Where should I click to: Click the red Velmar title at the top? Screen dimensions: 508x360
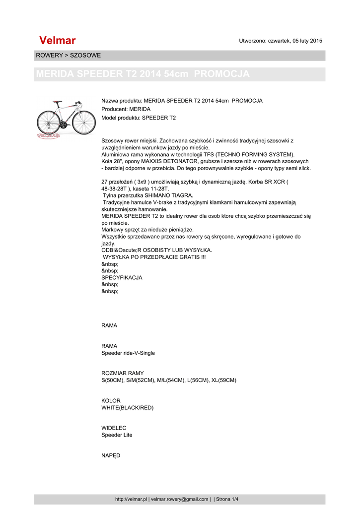pyautogui.click(x=57, y=40)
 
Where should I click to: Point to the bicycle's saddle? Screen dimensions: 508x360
pyautogui.click(x=58, y=103)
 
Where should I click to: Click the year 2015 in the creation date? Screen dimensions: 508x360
pyautogui.click(x=316, y=41)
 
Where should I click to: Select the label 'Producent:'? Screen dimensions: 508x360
pyautogui.click(x=115, y=109)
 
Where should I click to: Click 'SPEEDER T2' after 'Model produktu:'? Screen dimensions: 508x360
pyautogui.click(x=159, y=118)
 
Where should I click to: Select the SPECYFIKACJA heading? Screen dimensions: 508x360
pyautogui.click(x=122, y=278)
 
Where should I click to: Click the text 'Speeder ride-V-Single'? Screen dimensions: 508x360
pyautogui.click(x=128, y=353)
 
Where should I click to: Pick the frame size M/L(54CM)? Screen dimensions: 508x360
pyautogui.click(x=171, y=380)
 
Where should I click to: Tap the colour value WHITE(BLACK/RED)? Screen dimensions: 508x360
pyautogui.click(x=128, y=408)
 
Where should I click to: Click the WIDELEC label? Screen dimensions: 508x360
pyautogui.click(x=114, y=428)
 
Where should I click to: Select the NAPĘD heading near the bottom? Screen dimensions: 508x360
pyautogui.click(x=111, y=455)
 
